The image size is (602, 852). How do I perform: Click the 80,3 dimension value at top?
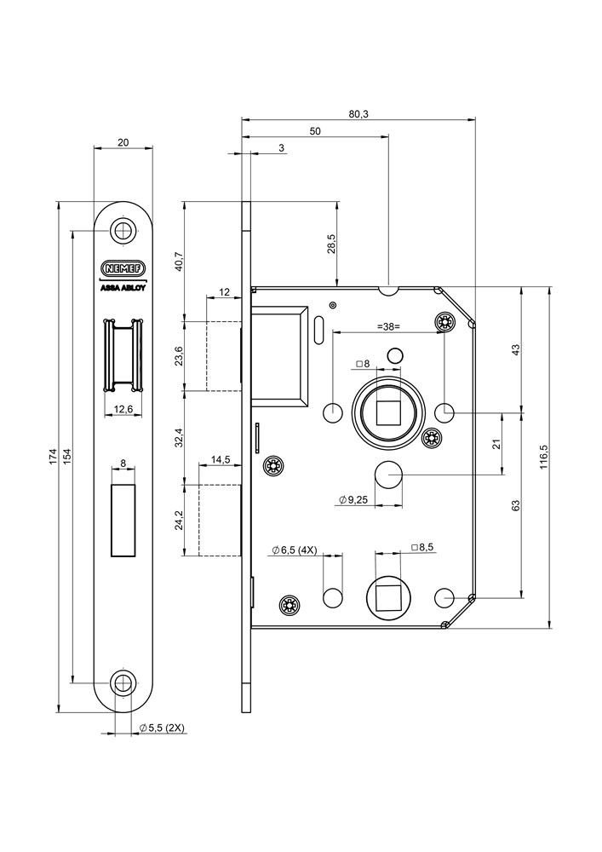(x=358, y=114)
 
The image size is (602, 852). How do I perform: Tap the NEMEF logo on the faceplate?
(x=124, y=268)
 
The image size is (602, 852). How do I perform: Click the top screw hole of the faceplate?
(x=124, y=229)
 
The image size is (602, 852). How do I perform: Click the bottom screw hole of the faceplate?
(x=124, y=682)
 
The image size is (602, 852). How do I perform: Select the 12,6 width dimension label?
(x=124, y=409)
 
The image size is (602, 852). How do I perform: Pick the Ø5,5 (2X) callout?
(x=162, y=728)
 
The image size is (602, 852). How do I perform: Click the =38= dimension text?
(x=389, y=326)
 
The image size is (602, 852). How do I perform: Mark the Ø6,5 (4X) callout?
(x=294, y=550)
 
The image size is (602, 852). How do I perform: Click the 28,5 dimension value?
(x=332, y=244)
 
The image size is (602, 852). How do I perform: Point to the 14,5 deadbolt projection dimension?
(x=221, y=460)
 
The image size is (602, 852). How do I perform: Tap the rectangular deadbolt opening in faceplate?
(x=124, y=520)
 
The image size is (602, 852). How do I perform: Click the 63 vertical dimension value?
(x=516, y=505)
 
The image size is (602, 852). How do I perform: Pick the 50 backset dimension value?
(x=315, y=131)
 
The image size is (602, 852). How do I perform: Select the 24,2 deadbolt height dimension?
(x=178, y=520)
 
